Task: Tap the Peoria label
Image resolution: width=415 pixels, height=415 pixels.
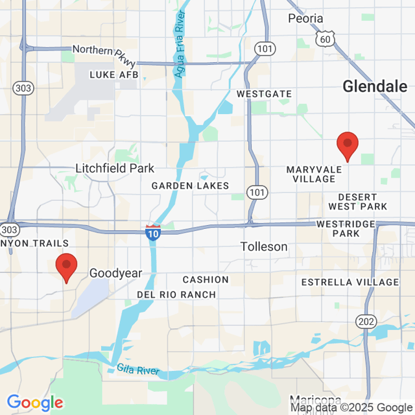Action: coord(305,18)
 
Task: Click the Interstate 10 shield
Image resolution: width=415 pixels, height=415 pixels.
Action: coord(153,233)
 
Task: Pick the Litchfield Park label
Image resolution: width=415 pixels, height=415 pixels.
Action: coord(115,169)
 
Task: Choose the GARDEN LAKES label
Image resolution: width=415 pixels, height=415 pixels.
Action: coord(190,186)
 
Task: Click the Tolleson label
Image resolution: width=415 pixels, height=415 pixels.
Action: coord(264,246)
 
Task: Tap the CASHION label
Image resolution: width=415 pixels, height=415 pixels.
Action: coord(206,279)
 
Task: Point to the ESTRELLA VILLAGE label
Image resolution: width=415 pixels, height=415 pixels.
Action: coord(350,282)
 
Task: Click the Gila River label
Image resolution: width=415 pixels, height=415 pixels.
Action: coord(139,370)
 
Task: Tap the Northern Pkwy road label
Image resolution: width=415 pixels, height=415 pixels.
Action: coord(104,55)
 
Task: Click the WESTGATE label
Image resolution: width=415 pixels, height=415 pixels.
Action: coord(264,94)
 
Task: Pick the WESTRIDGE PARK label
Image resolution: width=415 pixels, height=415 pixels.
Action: coord(346,228)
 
